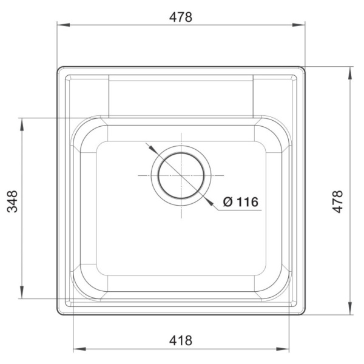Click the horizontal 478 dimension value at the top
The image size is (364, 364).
point(180,17)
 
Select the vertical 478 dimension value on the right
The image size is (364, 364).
point(339,201)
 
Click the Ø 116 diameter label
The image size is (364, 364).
point(241,201)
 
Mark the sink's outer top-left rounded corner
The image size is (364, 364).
point(60,70)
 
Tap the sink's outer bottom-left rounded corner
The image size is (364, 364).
point(60,312)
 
